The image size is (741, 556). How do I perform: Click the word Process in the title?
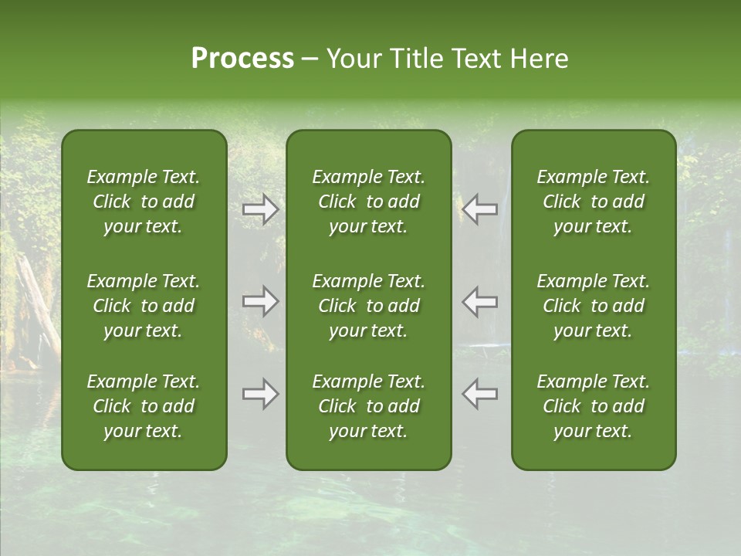(x=242, y=59)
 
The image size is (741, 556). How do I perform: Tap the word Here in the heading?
(x=539, y=59)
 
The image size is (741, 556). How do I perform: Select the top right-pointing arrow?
(x=261, y=208)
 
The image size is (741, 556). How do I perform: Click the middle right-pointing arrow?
(x=261, y=301)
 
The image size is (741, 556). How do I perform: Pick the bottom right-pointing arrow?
(x=261, y=394)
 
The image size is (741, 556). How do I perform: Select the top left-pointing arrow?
(x=479, y=208)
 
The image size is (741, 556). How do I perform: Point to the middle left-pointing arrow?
(x=479, y=301)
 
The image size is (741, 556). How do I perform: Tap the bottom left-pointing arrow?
(x=479, y=394)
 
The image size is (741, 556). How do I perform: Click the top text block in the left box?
(x=144, y=202)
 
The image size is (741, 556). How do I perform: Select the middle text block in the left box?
(x=144, y=306)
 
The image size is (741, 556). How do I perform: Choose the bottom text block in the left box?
(x=144, y=406)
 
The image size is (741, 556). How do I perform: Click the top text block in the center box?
(x=369, y=202)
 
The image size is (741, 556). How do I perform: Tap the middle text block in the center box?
(x=369, y=306)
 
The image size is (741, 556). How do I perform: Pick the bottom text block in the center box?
(x=369, y=406)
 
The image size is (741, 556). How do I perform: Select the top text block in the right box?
(x=594, y=202)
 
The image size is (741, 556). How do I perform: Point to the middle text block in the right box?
(x=594, y=306)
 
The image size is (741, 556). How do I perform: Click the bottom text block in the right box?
(x=594, y=406)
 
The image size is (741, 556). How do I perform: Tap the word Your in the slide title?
(x=352, y=59)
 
